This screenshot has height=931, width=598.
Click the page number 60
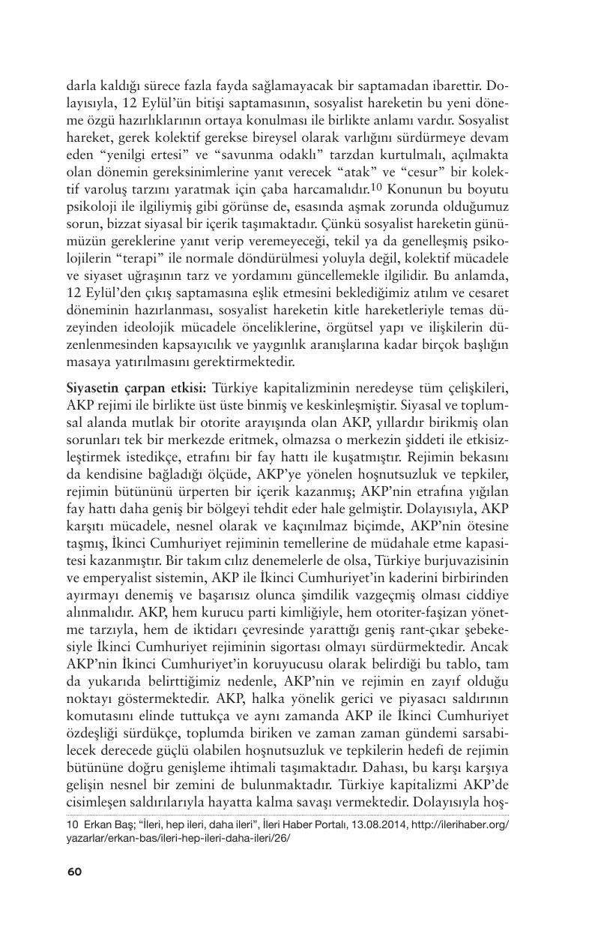tap(74, 871)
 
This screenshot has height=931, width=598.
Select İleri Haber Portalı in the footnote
tap(308, 824)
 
